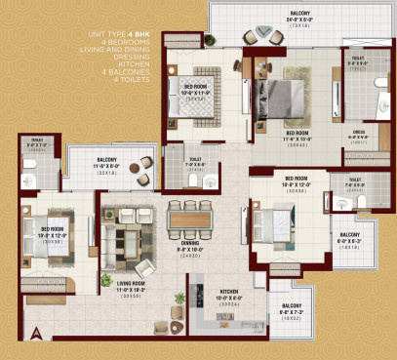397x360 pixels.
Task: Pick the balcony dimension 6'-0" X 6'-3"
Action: (349, 242)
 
